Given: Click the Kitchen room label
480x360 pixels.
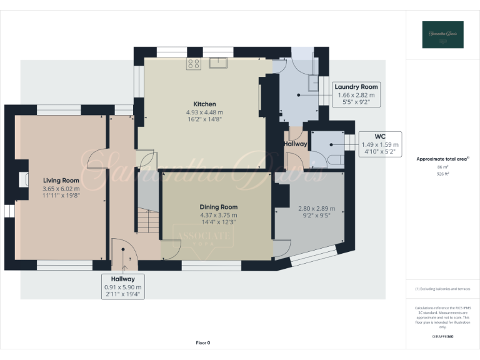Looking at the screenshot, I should [204, 104].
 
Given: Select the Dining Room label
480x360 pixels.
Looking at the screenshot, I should [218, 207].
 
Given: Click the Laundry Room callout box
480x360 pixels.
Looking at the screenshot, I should [356, 94].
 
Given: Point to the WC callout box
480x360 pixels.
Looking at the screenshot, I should [379, 144].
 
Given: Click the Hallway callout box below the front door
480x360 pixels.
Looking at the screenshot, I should [122, 286].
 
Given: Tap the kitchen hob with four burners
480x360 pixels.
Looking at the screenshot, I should [193, 63].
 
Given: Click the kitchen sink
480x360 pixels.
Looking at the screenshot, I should [218, 62].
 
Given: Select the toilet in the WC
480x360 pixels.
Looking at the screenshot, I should [336, 161].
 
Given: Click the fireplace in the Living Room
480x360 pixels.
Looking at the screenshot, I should [23, 180].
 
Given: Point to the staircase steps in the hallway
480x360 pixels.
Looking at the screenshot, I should [148, 221].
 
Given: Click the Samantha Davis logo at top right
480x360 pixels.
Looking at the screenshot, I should [442, 35].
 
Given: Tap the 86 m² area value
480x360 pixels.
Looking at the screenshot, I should [442, 168].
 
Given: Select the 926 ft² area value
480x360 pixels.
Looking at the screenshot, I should [442, 174].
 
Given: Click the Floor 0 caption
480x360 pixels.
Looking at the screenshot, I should [203, 342].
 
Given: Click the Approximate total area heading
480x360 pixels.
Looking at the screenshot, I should [442, 159].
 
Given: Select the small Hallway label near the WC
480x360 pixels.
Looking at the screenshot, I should [295, 144].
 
